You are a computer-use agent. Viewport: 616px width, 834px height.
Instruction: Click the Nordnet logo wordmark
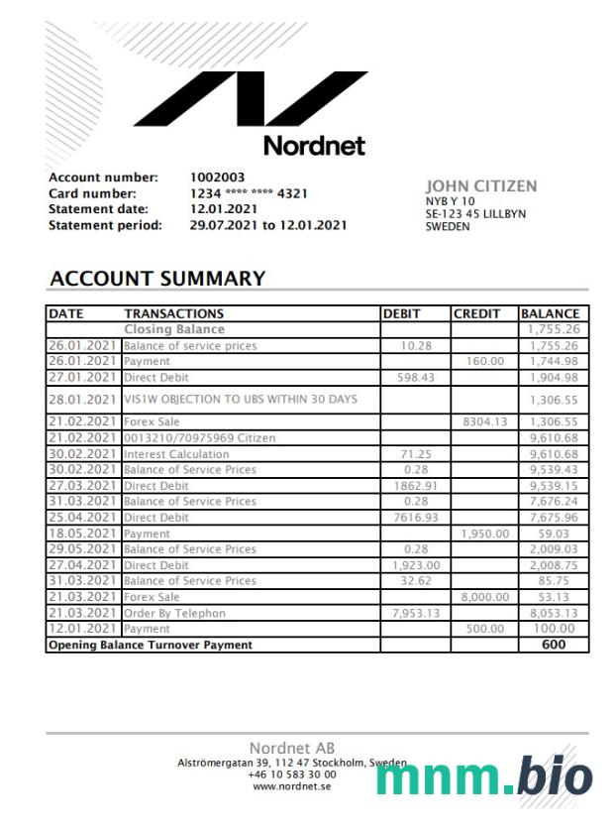click(x=314, y=145)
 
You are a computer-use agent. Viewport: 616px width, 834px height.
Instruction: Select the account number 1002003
click(x=218, y=178)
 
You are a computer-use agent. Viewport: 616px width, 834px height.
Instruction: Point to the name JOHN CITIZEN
click(x=481, y=185)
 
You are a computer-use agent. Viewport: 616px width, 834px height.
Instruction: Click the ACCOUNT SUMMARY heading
click(x=156, y=279)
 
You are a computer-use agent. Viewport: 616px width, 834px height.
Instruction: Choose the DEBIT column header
click(x=402, y=313)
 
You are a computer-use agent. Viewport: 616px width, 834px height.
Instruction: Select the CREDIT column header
click(x=477, y=313)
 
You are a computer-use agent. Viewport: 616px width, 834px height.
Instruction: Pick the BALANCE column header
click(x=551, y=313)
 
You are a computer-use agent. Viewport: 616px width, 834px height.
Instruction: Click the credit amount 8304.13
click(x=485, y=421)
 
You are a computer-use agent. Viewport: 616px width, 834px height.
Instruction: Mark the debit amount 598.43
click(x=416, y=377)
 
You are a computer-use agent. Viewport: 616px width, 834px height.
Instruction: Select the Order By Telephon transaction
click(x=174, y=613)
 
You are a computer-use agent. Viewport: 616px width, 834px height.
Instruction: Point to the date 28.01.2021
click(x=84, y=399)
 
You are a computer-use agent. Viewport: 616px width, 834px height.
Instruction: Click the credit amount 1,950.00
click(x=484, y=533)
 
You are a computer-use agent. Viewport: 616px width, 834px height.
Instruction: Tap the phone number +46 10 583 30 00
click(x=291, y=774)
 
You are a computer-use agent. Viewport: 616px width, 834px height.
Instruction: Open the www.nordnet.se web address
click(x=291, y=786)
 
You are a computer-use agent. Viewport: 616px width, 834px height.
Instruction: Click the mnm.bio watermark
click(x=484, y=777)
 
